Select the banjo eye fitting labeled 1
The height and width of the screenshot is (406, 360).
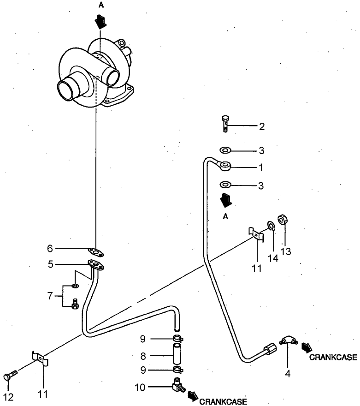(x=225, y=165)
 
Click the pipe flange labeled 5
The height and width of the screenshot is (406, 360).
(x=95, y=265)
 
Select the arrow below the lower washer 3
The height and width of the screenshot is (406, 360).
(x=225, y=200)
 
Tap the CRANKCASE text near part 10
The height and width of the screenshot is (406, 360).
(x=223, y=401)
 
